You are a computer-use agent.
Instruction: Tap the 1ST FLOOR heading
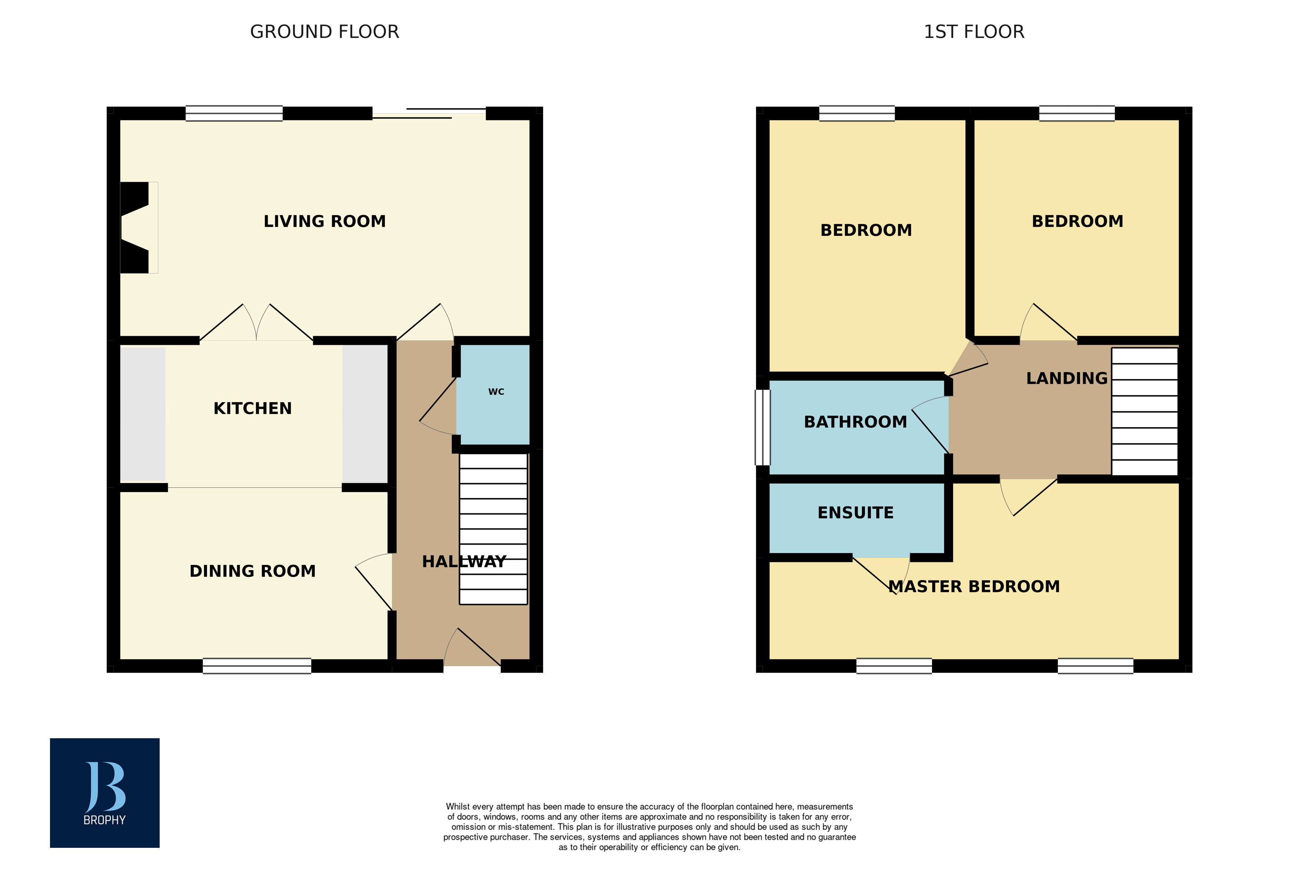[x=974, y=32]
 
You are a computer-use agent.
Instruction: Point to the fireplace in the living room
[x=137, y=227]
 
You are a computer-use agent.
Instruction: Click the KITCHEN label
[x=253, y=408]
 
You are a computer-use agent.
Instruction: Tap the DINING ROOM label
[x=253, y=571]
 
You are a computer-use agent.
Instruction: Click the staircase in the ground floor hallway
[x=493, y=528]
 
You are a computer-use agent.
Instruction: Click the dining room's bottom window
[x=257, y=666]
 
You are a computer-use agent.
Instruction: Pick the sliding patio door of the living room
[x=429, y=113]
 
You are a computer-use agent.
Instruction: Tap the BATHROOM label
[x=855, y=422]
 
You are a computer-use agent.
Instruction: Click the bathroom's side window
[x=762, y=428]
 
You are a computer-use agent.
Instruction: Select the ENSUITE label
[x=855, y=513]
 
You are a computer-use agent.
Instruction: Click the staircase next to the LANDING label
[x=1144, y=411]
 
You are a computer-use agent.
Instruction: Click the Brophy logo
[x=104, y=792]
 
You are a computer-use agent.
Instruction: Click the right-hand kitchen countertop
[x=365, y=414]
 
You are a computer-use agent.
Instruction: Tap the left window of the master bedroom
[x=894, y=666]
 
